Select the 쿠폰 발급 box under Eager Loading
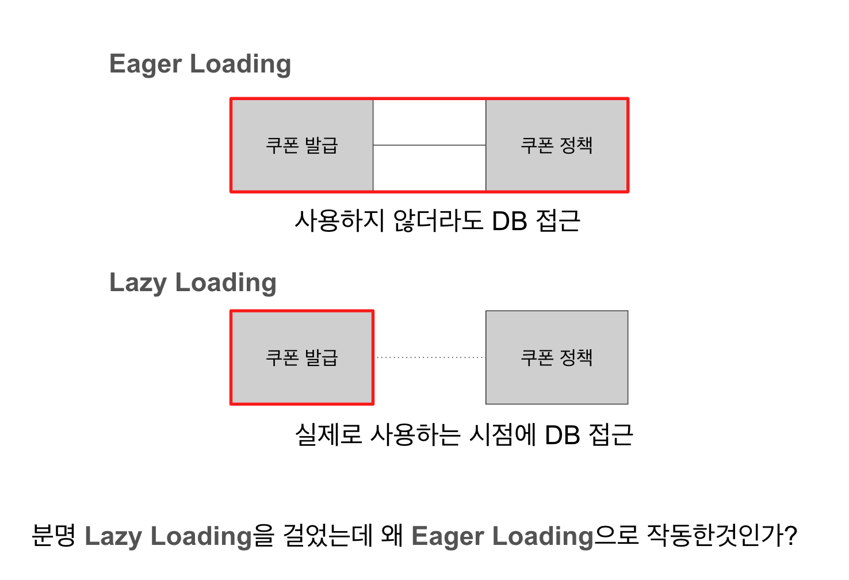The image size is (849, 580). point(302,145)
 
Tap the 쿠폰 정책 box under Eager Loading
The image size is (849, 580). point(557,145)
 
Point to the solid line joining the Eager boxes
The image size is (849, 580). point(429,145)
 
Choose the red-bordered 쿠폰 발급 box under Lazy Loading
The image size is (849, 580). point(302,357)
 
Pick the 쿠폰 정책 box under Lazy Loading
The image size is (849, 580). point(557,357)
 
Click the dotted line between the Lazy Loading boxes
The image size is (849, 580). point(429,357)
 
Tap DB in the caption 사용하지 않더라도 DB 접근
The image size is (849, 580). point(510,222)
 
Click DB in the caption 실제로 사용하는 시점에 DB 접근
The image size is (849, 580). point(563,436)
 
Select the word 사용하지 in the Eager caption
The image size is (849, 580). point(339,222)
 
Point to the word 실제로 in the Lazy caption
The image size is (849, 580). point(328,436)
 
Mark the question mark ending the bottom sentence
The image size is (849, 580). point(790,536)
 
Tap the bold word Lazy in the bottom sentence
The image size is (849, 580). point(113,536)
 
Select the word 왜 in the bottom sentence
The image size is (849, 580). point(392,536)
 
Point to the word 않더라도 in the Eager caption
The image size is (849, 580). point(438,222)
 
